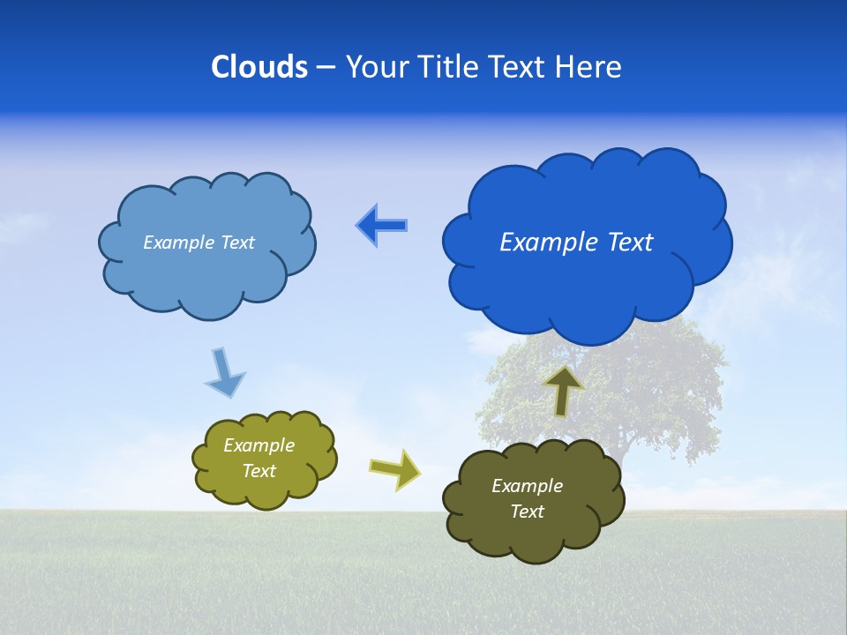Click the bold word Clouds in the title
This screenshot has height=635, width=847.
259,67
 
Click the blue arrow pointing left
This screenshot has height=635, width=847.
381,226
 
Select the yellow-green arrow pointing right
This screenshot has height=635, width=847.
395,468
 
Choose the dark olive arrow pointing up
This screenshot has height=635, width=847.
564,390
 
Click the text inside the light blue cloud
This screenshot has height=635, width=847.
199,243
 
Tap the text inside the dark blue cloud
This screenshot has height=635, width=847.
576,243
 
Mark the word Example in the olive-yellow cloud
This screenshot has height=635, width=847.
259,445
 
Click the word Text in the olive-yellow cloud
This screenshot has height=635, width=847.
259,471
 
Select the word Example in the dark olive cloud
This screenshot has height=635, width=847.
527,486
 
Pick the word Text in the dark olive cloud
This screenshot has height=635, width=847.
527,512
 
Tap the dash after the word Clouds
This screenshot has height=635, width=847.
325,68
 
